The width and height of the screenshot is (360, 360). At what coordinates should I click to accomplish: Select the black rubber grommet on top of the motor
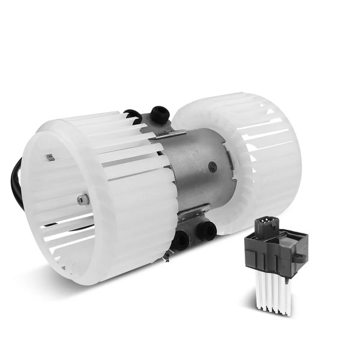[160, 113]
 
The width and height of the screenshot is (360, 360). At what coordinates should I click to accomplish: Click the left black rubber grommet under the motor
[181, 239]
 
